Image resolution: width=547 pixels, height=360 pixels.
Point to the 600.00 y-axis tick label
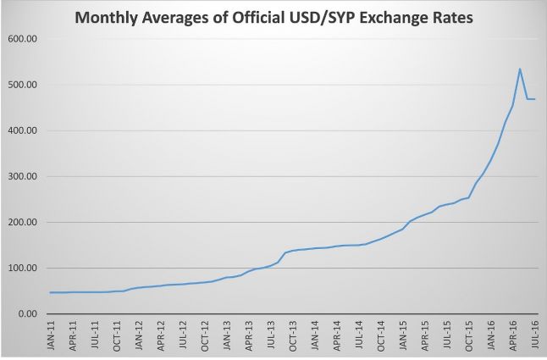(21, 40)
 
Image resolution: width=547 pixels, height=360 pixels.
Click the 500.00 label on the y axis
(21, 86)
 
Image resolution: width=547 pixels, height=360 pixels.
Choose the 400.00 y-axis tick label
(21, 131)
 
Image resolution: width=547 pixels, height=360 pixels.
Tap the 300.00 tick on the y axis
(21, 177)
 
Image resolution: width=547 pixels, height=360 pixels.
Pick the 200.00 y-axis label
(21, 223)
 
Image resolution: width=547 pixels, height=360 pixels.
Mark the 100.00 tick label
(21, 269)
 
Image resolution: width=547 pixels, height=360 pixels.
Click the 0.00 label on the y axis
(25, 314)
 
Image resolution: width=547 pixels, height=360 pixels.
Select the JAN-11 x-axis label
(52, 336)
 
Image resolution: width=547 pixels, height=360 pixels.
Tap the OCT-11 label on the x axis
(118, 336)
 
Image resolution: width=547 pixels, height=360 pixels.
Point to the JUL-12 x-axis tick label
(183, 336)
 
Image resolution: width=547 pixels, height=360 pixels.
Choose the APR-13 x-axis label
(249, 336)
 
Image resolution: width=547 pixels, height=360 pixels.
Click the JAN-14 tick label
(315, 336)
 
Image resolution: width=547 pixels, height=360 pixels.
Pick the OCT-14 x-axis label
(381, 336)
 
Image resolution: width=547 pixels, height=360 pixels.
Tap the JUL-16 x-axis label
(535, 336)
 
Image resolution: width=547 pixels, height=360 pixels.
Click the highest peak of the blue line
(519, 69)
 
